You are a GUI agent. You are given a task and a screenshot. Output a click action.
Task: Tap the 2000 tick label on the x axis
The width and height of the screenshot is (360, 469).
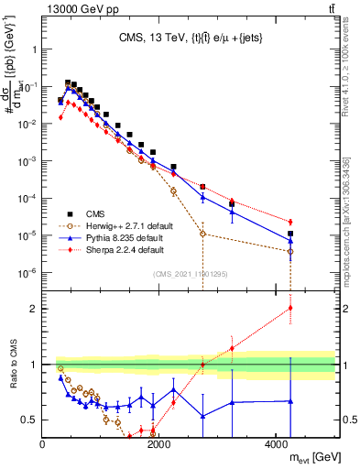[x=159, y=443]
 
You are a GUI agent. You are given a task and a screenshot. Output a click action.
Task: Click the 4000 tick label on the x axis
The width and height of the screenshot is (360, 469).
[x=276, y=443]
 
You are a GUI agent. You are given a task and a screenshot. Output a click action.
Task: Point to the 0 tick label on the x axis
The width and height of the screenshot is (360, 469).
[x=43, y=443]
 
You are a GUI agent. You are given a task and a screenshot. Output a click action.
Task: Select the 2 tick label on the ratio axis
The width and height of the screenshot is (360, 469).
[x=34, y=309]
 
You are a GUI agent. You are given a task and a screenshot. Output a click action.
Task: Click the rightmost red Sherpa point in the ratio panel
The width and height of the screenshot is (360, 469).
[x=290, y=308]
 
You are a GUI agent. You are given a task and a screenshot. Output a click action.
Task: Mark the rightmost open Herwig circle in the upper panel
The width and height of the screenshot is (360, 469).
[x=290, y=251]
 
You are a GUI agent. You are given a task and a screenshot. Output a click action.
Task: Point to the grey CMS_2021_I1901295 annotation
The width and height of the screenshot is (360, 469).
[x=190, y=274]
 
